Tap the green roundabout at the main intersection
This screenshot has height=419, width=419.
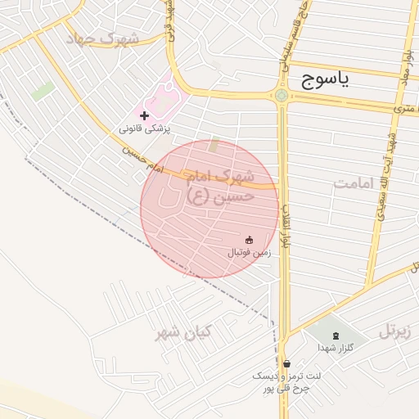[282, 95]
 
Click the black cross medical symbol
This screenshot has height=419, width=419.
[145, 116]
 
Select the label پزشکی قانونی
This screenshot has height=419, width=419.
[145, 128]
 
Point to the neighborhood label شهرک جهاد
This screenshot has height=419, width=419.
[104, 39]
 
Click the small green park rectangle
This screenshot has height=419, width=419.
[43, 90]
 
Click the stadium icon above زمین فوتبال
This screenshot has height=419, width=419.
[249, 239]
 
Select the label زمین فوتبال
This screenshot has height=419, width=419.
[249, 253]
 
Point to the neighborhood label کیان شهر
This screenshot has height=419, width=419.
[184, 331]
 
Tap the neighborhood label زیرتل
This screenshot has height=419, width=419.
[393, 331]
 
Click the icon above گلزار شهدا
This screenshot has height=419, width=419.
[336, 335]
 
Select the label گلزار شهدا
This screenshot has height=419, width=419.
[336, 348]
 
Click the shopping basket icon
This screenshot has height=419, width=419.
[286, 363]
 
